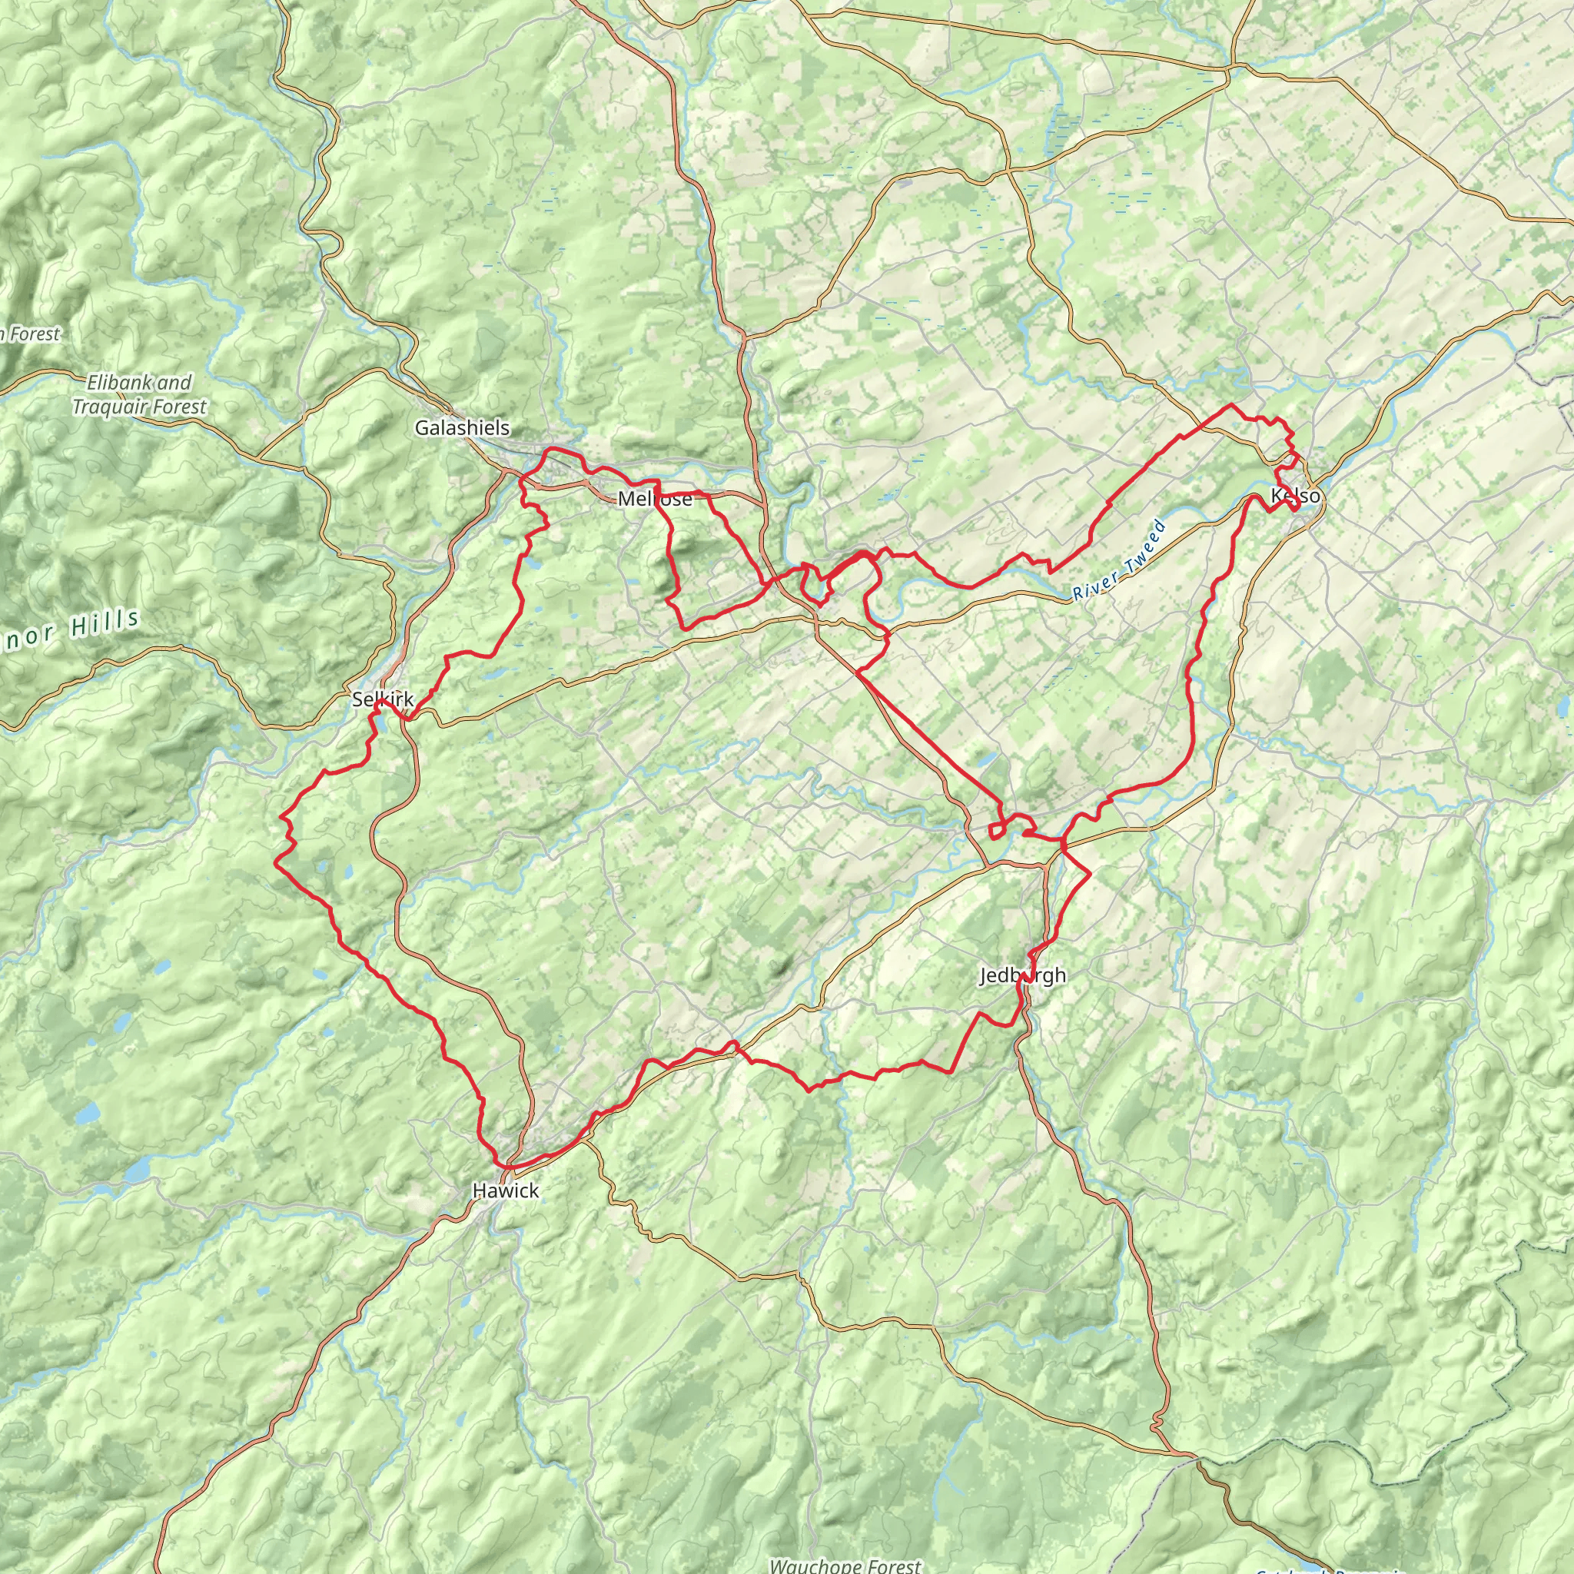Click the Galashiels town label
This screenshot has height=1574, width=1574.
click(x=462, y=428)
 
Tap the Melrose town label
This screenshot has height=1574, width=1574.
click(x=655, y=499)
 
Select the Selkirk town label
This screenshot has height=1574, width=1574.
click(x=383, y=699)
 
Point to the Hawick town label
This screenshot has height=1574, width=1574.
click(x=505, y=1190)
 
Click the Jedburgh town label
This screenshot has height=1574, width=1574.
click(x=1022, y=975)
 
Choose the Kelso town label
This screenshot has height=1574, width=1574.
click(x=1295, y=496)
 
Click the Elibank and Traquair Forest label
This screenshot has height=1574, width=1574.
click(x=139, y=394)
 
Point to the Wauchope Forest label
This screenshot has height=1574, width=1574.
click(x=845, y=1565)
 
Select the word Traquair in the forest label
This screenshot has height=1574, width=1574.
click(x=109, y=407)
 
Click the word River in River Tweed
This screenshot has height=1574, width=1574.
click(x=1091, y=584)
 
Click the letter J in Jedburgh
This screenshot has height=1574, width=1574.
click(x=985, y=975)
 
